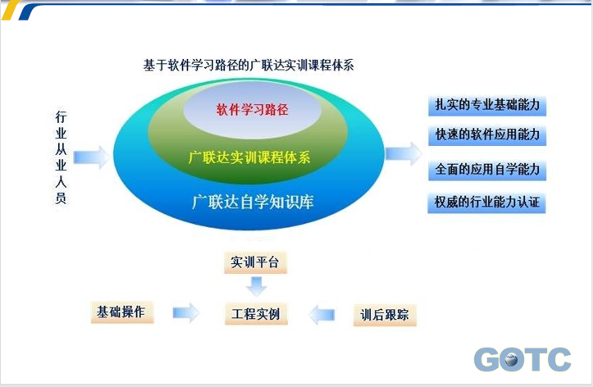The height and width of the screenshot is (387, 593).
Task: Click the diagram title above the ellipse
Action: tap(249, 66)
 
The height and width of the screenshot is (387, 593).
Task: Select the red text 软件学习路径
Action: tap(253, 110)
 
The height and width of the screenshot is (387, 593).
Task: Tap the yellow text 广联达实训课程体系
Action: tap(249, 157)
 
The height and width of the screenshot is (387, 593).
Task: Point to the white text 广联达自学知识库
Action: tap(253, 202)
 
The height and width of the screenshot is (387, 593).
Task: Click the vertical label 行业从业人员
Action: tap(61, 157)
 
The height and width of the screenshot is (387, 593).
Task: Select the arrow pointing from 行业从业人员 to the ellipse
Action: tap(91, 157)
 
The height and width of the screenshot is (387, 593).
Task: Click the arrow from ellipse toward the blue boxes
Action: tap(404, 153)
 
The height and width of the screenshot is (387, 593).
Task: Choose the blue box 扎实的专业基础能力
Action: tap(487, 106)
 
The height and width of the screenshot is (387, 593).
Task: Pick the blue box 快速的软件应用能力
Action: tap(487, 135)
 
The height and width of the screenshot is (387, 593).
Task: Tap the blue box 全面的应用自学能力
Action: tap(487, 170)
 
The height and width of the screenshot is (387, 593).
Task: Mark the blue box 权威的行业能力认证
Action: tap(486, 203)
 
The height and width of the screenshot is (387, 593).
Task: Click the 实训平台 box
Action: tap(255, 262)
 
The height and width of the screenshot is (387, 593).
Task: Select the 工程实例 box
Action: tap(256, 314)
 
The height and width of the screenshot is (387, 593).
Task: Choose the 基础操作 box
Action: tap(122, 312)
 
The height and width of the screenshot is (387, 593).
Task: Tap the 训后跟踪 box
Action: tap(385, 315)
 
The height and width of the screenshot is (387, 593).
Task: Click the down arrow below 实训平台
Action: tap(257, 286)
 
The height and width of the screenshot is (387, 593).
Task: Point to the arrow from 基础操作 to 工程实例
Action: tap(185, 313)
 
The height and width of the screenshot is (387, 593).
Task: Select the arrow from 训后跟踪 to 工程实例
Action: tap(322, 315)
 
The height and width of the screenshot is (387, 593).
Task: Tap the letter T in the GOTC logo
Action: tap(534, 359)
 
